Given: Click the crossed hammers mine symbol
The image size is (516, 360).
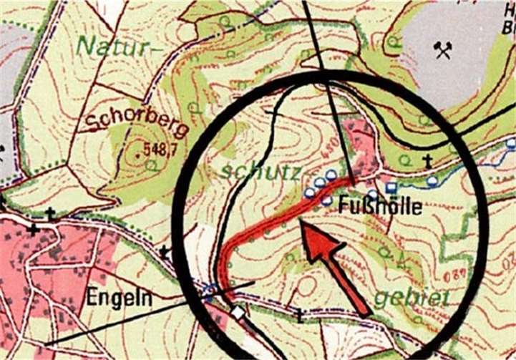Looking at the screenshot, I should coord(443,49).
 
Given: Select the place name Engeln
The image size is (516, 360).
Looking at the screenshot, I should coord(120,298).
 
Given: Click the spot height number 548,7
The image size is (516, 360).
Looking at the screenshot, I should coord(160,150).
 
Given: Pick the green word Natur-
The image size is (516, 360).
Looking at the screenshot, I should coord(115,47).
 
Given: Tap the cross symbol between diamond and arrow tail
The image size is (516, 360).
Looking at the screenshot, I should coord(300,313).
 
